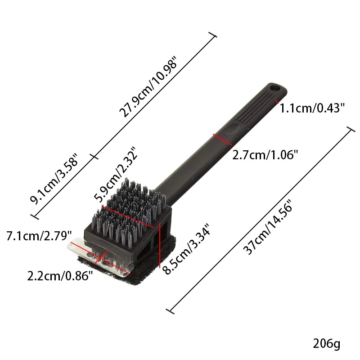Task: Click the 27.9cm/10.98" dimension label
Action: click(x=148, y=86)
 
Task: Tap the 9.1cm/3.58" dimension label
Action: click(x=54, y=178)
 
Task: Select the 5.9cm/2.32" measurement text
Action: click(x=117, y=175)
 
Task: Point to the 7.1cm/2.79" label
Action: click(x=39, y=236)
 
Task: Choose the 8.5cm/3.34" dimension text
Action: click(x=186, y=249)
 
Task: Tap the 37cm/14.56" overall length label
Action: click(x=268, y=228)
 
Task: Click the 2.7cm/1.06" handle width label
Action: click(x=265, y=155)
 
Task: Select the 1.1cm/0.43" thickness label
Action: click(x=312, y=108)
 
